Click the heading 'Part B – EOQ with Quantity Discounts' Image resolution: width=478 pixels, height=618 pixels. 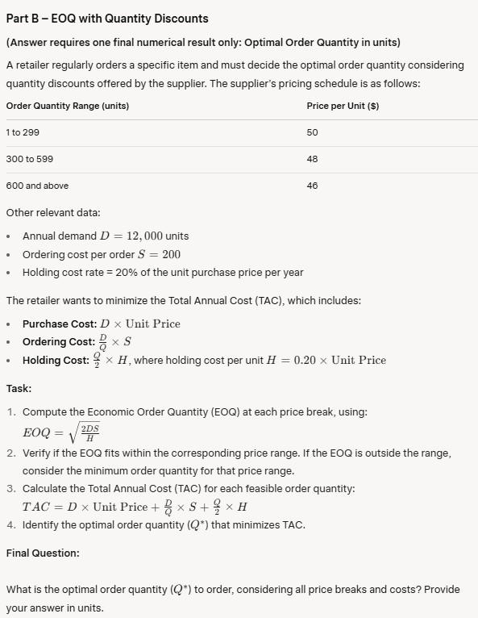(x=107, y=18)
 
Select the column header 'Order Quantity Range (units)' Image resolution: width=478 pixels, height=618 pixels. (x=68, y=106)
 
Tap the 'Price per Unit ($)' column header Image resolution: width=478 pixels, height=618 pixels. (x=343, y=106)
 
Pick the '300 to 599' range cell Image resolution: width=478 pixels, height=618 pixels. (x=29, y=159)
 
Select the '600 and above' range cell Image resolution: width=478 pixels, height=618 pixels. (x=37, y=186)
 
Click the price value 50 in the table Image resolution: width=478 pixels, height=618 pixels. (x=313, y=132)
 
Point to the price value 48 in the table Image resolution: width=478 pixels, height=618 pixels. (x=313, y=159)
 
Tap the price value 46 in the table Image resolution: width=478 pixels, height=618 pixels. (x=313, y=186)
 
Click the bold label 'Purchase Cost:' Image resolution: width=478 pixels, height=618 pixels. (x=59, y=324)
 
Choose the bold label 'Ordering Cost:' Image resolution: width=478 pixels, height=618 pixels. (x=58, y=341)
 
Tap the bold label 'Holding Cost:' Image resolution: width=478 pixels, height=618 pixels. (x=56, y=360)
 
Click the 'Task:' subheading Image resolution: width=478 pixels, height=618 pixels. (x=19, y=388)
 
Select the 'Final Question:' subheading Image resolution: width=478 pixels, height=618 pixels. (x=43, y=553)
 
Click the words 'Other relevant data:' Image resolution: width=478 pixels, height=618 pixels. (x=53, y=213)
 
